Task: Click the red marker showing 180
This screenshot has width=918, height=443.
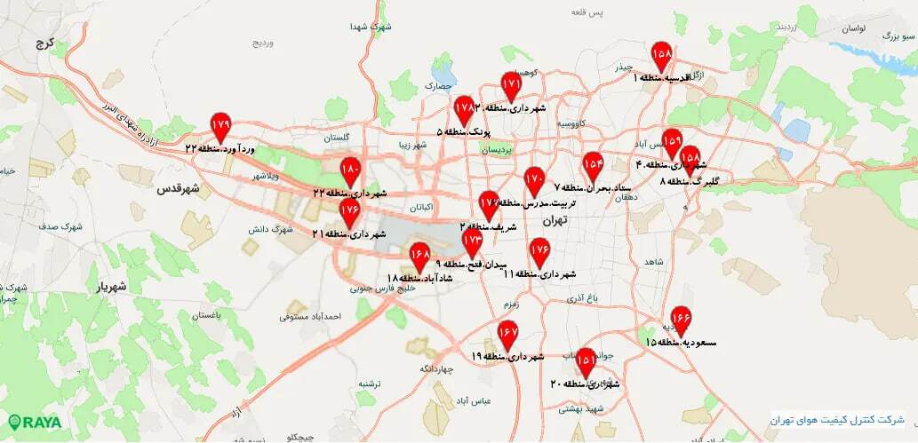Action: pos(350,170)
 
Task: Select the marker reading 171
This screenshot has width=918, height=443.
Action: pos(510,84)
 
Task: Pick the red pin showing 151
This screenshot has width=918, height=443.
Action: pos(586,360)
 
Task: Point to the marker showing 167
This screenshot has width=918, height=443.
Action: pos(507,333)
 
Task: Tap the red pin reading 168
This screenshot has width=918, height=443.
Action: pos(420,256)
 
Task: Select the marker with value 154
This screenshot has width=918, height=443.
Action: pos(593,164)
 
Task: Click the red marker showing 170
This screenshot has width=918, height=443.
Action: pos(533,179)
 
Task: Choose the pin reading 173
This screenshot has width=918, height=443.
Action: pos(472,241)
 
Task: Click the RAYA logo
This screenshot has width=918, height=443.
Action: pos(36,423)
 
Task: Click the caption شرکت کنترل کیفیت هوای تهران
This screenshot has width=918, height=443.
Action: pos(835,419)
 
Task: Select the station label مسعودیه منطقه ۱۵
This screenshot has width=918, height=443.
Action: pos(682,342)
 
